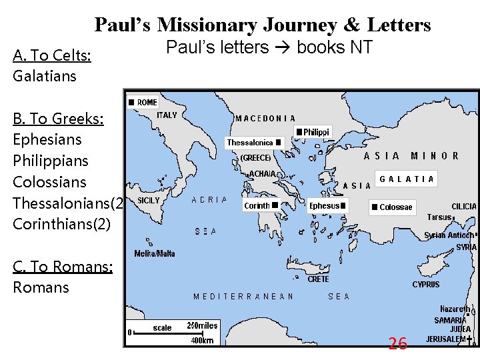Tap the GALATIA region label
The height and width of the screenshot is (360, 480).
pos(407,179)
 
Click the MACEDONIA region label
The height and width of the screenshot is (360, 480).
pos(265,118)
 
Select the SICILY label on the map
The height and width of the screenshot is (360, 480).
pos(148,200)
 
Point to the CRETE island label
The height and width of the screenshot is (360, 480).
pos(318,279)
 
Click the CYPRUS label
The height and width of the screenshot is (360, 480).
pos(425,285)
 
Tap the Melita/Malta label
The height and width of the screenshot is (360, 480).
pos(155,253)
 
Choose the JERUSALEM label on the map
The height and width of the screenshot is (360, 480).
pos(446,339)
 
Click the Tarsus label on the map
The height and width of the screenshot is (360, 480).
pos(439,217)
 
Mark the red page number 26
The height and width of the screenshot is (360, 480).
pos(397,343)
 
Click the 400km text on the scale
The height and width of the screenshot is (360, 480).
pos(203,340)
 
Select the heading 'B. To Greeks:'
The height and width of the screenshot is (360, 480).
pos(59,119)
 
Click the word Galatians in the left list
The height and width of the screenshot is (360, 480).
pos(45,76)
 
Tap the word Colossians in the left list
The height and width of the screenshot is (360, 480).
pos(50,182)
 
